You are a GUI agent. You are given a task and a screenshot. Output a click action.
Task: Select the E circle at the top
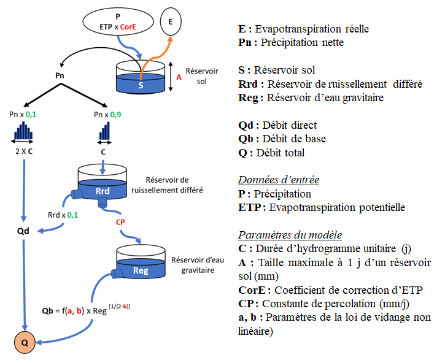(x=171, y=23)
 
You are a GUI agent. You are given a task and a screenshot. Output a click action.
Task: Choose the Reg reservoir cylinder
(x=141, y=265)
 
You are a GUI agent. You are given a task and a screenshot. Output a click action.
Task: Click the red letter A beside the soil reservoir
(x=179, y=78)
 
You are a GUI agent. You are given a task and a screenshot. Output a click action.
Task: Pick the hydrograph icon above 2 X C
(x=23, y=132)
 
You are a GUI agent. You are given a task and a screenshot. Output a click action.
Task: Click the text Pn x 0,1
(x=24, y=114)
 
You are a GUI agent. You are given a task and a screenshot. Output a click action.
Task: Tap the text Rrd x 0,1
(x=63, y=216)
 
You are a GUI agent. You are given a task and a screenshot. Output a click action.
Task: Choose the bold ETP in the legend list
(x=249, y=207)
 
